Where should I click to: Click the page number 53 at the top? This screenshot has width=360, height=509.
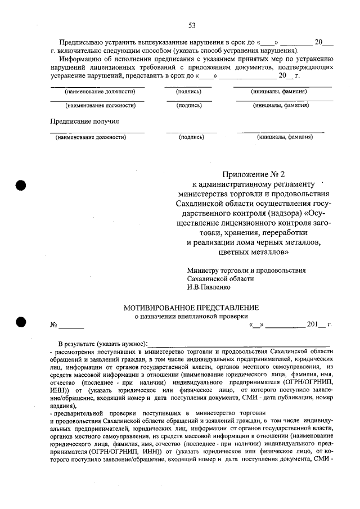pyautogui.click(x=191, y=25)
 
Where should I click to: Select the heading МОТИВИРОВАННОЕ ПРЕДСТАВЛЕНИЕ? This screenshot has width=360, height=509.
pyautogui.click(x=191, y=308)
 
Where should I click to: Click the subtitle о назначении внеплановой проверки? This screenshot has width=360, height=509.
pyautogui.click(x=191, y=317)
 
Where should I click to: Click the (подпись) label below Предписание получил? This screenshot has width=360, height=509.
pyautogui.click(x=191, y=137)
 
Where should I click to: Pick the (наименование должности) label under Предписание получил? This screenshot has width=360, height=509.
pyautogui.click(x=90, y=137)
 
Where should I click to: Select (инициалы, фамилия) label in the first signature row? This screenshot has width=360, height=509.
pyautogui.click(x=278, y=91)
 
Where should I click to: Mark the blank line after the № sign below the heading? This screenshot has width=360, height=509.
pyautogui.click(x=72, y=326)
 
